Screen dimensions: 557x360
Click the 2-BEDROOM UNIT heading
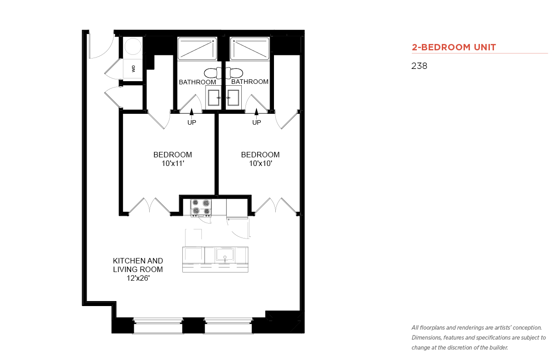tap(454, 47)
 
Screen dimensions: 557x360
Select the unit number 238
tap(419, 66)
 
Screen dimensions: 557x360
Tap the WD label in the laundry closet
tap(133, 68)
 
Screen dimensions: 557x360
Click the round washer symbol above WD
tap(133, 46)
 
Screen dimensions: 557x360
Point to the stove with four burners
tap(201, 207)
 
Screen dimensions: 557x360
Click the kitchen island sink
tap(225, 254)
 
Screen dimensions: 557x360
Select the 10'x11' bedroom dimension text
tap(173, 164)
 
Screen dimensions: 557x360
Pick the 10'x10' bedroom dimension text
tap(261, 164)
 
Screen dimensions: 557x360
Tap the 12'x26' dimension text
tap(138, 278)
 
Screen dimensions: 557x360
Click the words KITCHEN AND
tap(138, 261)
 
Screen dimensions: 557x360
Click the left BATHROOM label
tap(197, 82)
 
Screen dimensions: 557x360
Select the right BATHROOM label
tap(250, 82)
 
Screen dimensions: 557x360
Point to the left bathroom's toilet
tap(213, 73)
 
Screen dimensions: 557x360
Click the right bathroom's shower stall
tap(249, 49)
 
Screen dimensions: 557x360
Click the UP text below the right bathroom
tap(257, 122)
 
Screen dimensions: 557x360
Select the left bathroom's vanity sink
tap(214, 97)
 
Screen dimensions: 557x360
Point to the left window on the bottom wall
tap(158, 326)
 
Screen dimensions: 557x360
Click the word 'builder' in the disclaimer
tap(498, 348)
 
